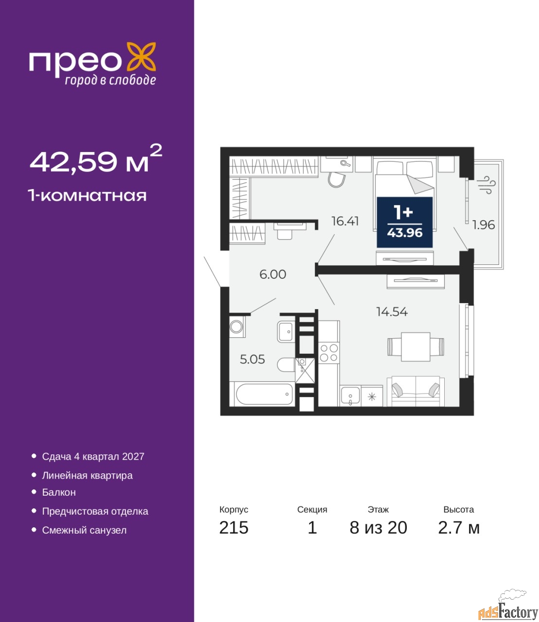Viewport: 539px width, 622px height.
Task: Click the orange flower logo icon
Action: click(141, 56)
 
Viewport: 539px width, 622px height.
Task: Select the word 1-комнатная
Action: click(87, 195)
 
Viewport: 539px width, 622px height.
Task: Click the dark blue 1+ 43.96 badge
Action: click(404, 222)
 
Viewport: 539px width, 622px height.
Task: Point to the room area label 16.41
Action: click(345, 221)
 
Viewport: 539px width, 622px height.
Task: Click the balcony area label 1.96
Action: click(483, 225)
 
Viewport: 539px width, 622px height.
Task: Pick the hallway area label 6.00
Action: click(273, 274)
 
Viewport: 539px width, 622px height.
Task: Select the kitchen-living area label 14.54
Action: click(392, 312)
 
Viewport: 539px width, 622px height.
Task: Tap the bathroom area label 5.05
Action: click(252, 359)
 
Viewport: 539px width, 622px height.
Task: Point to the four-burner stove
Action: click(329, 353)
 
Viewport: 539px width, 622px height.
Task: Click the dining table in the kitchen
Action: click(416, 347)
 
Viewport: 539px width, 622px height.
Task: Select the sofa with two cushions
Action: click(416, 391)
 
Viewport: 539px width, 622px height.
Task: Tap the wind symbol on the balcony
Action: click(486, 185)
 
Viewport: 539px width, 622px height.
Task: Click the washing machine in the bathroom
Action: click(237, 327)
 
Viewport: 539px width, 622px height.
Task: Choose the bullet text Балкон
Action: click(59, 492)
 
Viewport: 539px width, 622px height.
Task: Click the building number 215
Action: click(234, 528)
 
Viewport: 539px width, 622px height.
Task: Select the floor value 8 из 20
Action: click(378, 528)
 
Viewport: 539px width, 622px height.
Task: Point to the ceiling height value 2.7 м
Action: click(459, 528)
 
